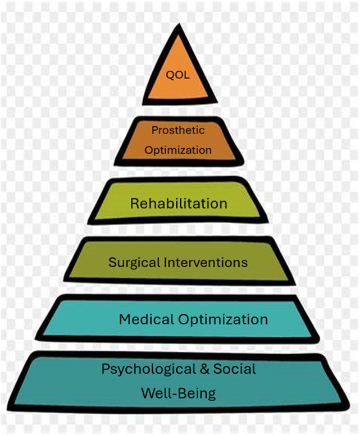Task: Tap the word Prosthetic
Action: click(x=178, y=130)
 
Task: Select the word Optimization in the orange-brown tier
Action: click(x=178, y=150)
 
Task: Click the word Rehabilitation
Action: click(x=179, y=203)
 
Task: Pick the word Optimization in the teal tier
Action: click(x=223, y=320)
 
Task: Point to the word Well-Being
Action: click(x=178, y=393)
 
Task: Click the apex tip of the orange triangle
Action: click(x=179, y=28)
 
